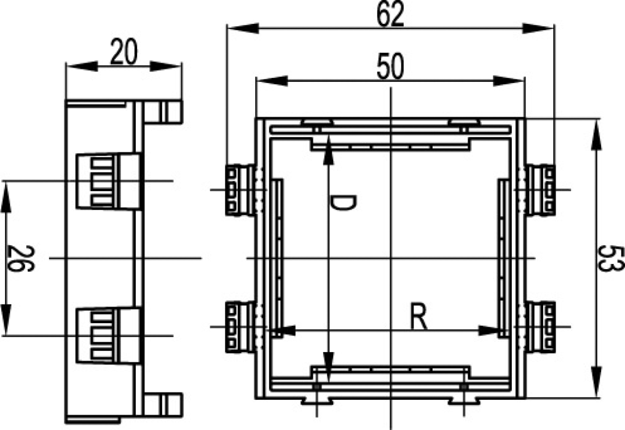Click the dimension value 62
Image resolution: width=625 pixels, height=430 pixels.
390,14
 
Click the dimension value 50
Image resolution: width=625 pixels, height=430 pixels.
390,67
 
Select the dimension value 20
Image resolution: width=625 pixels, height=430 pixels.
124,52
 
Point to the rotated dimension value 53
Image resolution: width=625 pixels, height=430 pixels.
611,259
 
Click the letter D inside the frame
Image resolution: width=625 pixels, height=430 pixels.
343,203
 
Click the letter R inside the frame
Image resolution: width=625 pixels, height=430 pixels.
419,318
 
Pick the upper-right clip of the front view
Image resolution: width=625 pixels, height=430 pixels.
540,190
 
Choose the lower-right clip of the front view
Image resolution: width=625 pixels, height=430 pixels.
540,327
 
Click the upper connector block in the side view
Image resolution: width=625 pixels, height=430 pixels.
108,181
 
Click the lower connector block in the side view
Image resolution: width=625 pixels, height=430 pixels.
108,335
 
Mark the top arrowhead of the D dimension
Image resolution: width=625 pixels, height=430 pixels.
328,150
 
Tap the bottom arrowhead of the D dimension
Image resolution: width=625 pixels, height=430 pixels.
328,367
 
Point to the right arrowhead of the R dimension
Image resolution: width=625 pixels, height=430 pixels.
489,330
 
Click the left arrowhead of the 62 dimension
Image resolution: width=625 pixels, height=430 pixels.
243,28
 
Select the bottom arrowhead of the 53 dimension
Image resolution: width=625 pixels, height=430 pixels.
596,382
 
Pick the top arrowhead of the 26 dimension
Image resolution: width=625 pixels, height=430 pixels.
6,197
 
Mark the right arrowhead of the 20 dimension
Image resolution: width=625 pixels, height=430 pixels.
166,66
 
